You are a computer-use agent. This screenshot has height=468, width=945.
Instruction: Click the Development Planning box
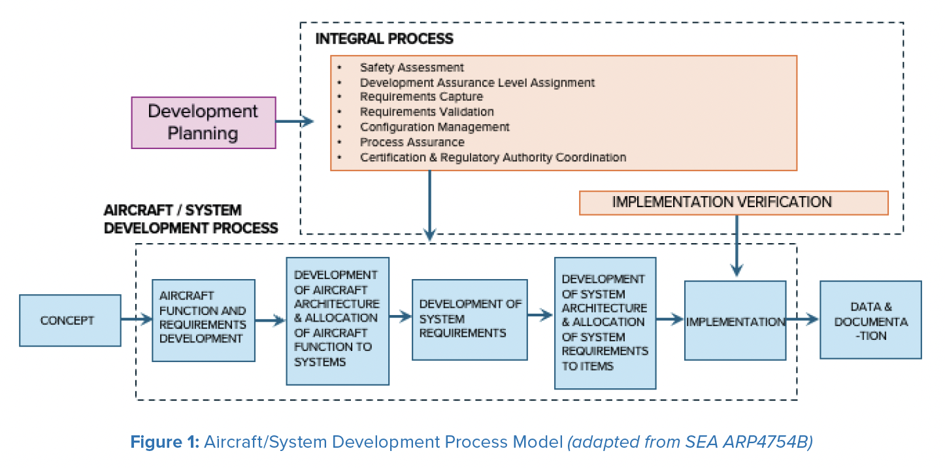(x=203, y=122)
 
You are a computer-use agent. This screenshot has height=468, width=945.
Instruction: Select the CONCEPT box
(x=70, y=320)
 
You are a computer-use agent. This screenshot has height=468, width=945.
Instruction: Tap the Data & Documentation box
(x=870, y=320)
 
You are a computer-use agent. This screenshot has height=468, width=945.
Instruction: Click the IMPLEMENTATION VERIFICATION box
(x=733, y=203)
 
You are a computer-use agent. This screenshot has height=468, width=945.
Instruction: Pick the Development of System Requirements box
(x=469, y=320)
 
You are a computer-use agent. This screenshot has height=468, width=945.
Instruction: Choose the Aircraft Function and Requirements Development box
(x=203, y=320)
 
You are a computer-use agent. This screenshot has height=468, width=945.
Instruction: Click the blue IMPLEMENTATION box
(x=735, y=321)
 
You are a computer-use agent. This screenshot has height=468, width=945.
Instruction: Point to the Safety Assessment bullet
(x=411, y=67)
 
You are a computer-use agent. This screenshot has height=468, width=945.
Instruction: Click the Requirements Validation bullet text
(x=426, y=112)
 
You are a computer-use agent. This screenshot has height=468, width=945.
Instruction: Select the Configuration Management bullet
(x=434, y=127)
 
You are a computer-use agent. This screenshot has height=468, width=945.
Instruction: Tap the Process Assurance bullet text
(x=412, y=142)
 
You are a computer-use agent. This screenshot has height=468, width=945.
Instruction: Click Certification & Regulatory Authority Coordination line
(x=492, y=158)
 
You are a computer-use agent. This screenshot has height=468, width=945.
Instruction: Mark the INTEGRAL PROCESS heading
(x=384, y=39)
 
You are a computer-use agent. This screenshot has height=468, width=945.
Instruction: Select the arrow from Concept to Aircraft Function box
(x=136, y=320)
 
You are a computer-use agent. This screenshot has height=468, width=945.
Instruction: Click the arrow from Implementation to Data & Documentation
(x=803, y=320)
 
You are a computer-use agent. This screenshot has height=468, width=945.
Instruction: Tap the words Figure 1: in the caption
(x=165, y=443)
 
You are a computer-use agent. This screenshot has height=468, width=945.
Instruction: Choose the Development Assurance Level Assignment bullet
(x=477, y=82)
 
